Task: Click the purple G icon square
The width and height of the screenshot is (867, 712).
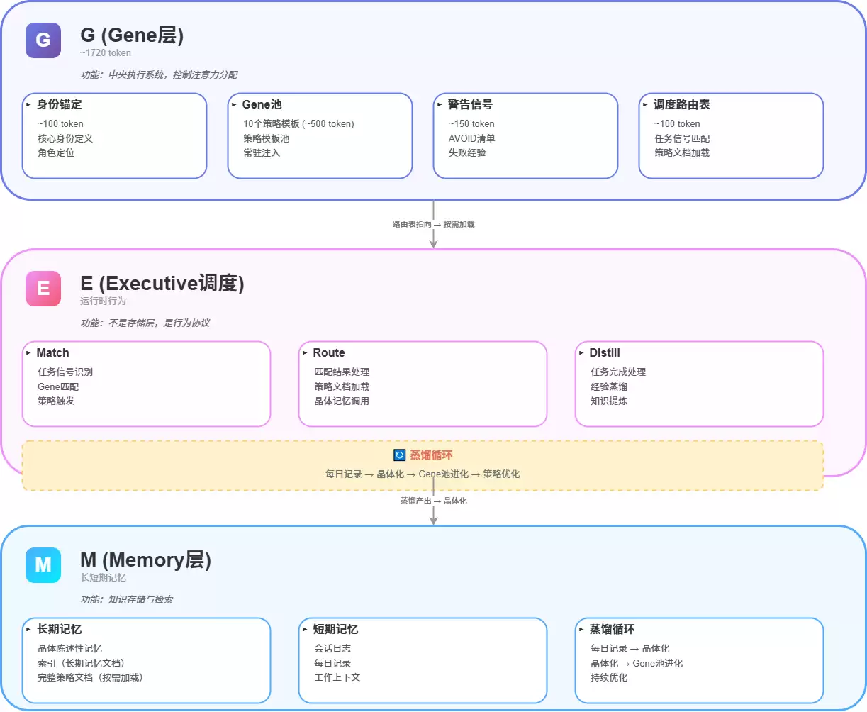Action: point(43,40)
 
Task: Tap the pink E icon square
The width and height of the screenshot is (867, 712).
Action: point(43,289)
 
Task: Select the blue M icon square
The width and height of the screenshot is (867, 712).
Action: point(43,564)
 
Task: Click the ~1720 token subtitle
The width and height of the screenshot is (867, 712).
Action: point(106,53)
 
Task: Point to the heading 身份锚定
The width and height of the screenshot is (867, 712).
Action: point(60,104)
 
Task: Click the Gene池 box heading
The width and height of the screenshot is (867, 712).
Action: point(262,104)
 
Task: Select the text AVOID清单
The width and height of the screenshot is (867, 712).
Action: point(471,138)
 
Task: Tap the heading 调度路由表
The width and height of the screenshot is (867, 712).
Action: point(681,104)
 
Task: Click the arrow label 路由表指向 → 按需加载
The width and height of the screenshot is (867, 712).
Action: point(433,224)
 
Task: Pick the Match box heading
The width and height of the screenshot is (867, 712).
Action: point(52,352)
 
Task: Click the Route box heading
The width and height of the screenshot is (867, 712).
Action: point(329,352)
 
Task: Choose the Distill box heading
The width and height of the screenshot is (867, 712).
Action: point(604,352)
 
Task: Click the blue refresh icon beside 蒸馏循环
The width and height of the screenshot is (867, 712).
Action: point(400,455)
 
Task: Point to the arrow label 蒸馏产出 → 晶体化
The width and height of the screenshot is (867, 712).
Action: point(433,501)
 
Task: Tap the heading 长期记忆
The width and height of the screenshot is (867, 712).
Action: point(60,629)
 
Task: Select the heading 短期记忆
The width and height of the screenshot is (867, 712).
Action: point(335,629)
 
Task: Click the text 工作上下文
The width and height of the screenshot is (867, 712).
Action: point(337,677)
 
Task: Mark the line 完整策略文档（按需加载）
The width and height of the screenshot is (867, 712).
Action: point(90,677)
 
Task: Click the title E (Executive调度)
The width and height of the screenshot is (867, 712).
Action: point(162,284)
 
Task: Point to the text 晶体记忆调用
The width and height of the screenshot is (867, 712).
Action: point(342,401)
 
